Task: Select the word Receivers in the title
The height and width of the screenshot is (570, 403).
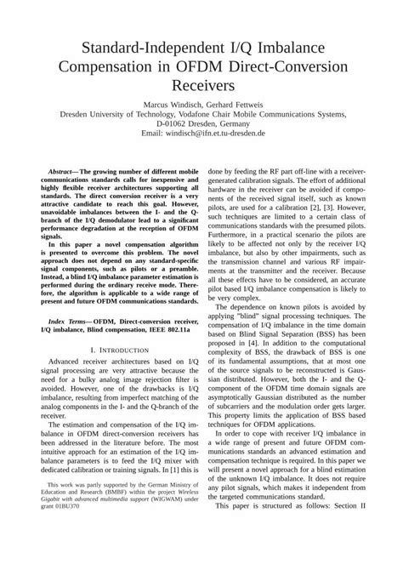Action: (201, 85)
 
